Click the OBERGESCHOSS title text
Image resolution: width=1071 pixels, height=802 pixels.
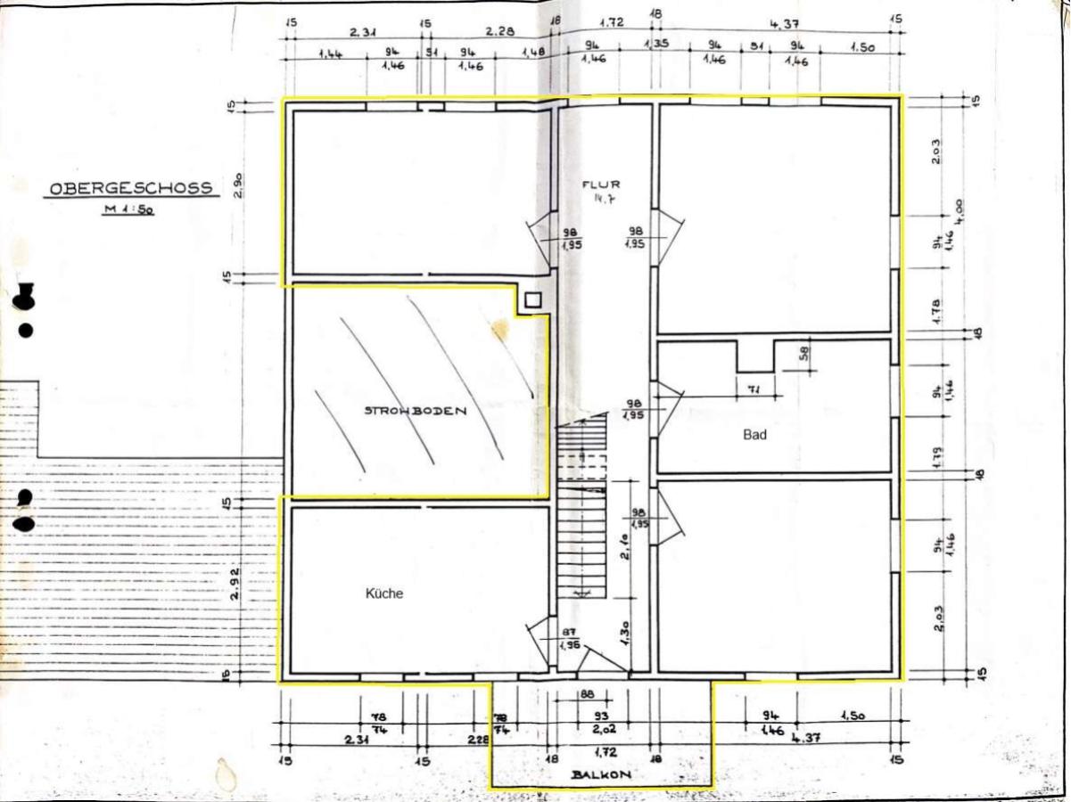click(x=131, y=188)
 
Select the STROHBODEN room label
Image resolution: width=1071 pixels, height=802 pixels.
click(x=416, y=411)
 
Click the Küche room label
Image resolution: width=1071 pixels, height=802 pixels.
click(x=384, y=593)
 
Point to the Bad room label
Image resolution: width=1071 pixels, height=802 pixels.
click(x=754, y=435)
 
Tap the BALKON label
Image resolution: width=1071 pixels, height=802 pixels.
click(x=602, y=775)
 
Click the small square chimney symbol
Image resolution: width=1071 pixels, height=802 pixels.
click(x=533, y=301)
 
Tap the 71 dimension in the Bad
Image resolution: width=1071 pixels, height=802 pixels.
click(x=753, y=389)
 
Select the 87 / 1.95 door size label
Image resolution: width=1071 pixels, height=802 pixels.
click(x=569, y=636)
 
